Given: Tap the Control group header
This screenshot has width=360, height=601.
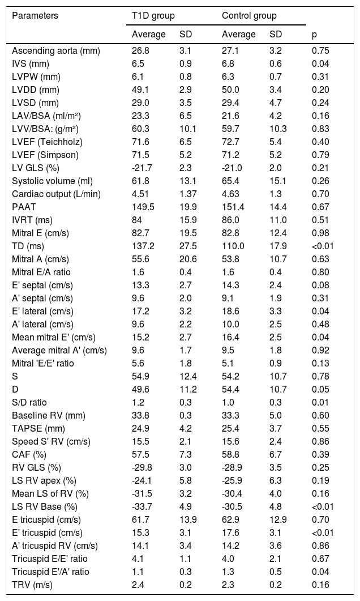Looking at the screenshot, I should pos(249,16).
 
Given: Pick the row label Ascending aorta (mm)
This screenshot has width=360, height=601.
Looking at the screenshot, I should pos(56,51).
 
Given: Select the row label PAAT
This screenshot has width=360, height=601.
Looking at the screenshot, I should pos(24,207).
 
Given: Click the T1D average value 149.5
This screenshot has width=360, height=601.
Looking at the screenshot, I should pos(144,207).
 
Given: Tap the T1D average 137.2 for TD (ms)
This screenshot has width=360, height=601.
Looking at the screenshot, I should pos(144,246).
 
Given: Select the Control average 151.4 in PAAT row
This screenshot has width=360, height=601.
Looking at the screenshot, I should pos(234,207).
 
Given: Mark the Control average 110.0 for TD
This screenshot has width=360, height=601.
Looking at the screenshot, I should pos(234,246).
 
